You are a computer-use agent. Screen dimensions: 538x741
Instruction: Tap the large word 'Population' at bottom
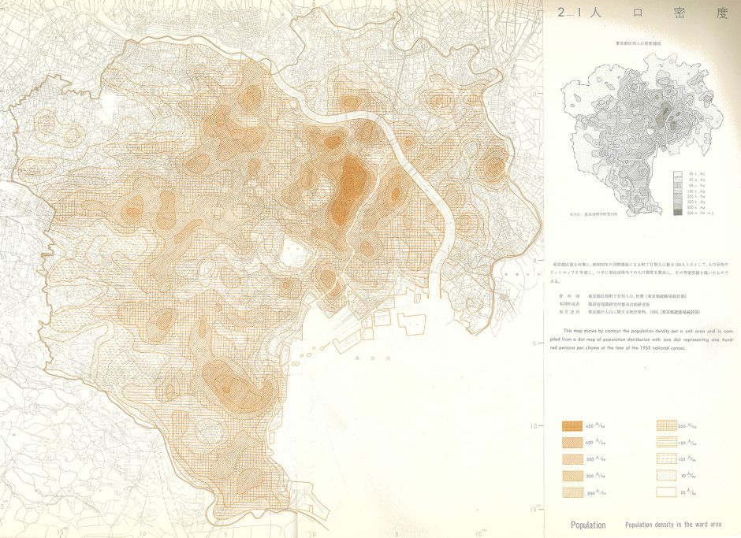tap(588, 525)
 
